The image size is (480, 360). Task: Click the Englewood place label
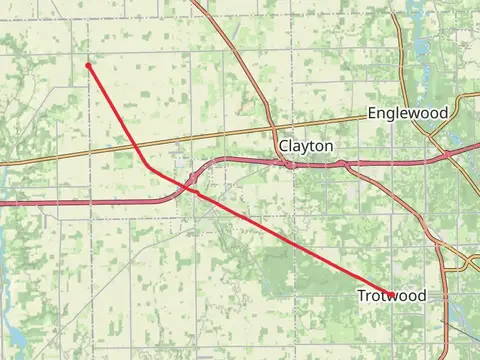407,113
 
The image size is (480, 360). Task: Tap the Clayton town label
306,146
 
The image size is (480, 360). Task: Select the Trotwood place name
391,296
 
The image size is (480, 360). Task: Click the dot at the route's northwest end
89,66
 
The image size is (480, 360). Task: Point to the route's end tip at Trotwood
391,295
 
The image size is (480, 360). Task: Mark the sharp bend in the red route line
146,164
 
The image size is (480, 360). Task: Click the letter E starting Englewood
372,113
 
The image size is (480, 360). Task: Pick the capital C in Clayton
284,146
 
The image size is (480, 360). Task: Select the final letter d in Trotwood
421,296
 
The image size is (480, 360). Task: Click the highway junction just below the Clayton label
289,162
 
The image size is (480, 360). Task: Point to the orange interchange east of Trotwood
465,262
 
